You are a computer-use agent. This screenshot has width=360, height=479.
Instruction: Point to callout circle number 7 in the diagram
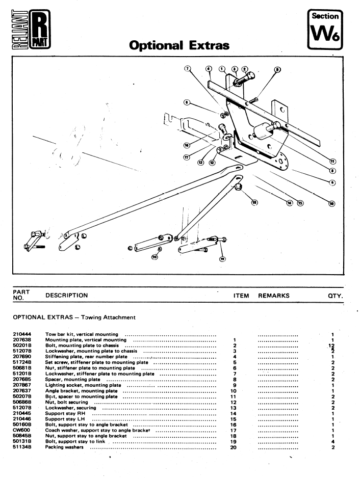point(188,68)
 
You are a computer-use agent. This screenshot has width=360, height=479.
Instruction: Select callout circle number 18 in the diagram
point(255,202)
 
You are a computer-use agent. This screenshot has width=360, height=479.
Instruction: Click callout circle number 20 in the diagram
point(155,256)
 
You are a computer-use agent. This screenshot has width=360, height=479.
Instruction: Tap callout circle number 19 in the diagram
point(222,259)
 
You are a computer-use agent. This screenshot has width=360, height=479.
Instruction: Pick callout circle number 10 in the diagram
point(331,204)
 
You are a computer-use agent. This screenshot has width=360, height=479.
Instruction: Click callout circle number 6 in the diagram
point(188,102)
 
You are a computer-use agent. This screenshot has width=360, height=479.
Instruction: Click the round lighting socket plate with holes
point(280,164)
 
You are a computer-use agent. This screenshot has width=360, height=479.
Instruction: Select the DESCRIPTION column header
point(67,295)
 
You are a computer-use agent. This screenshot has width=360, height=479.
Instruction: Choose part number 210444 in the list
point(20,334)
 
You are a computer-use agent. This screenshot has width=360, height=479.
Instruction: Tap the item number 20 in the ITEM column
point(233,447)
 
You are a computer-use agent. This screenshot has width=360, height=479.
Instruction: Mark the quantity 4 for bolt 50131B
point(332,442)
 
